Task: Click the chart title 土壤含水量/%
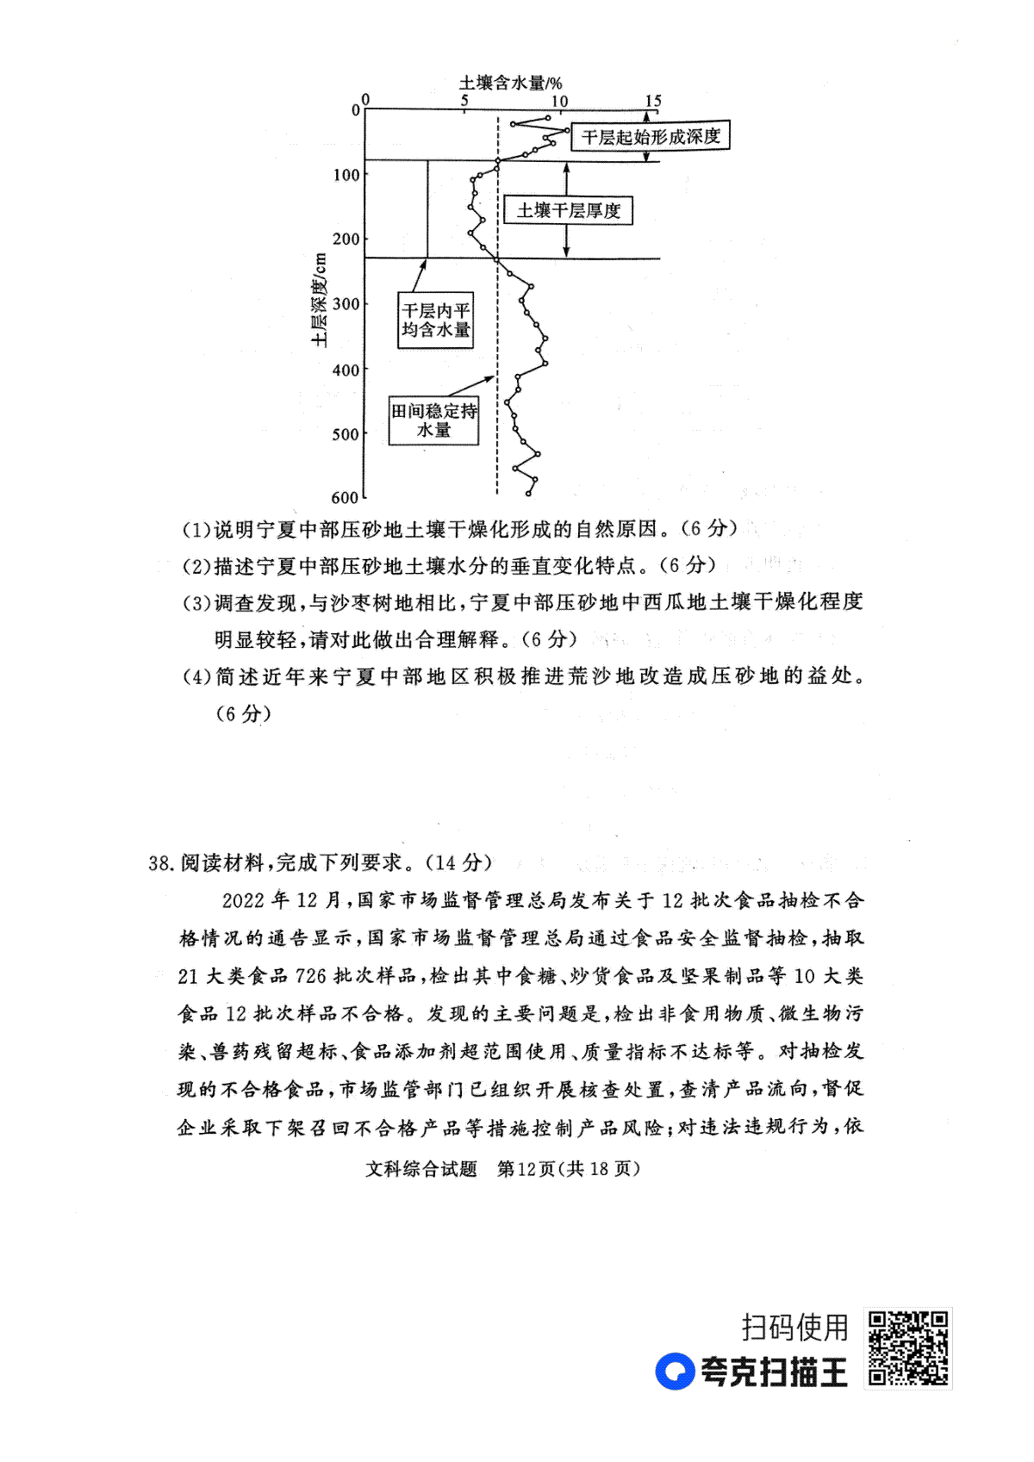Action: (x=510, y=82)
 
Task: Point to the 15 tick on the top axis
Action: (x=653, y=101)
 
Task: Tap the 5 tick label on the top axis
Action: (x=464, y=101)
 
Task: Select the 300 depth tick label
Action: (x=346, y=304)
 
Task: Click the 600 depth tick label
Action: (x=346, y=498)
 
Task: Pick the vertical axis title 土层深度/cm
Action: (x=319, y=300)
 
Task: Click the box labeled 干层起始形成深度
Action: (x=651, y=136)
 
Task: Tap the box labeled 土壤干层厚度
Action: (x=569, y=210)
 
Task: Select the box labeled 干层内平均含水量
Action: (x=435, y=320)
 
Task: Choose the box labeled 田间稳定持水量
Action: (x=433, y=420)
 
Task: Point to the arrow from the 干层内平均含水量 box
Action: (x=420, y=276)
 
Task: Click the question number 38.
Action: (x=161, y=863)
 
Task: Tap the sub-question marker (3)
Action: (x=196, y=602)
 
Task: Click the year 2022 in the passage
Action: (x=244, y=900)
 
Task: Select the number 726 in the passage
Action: (x=311, y=976)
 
